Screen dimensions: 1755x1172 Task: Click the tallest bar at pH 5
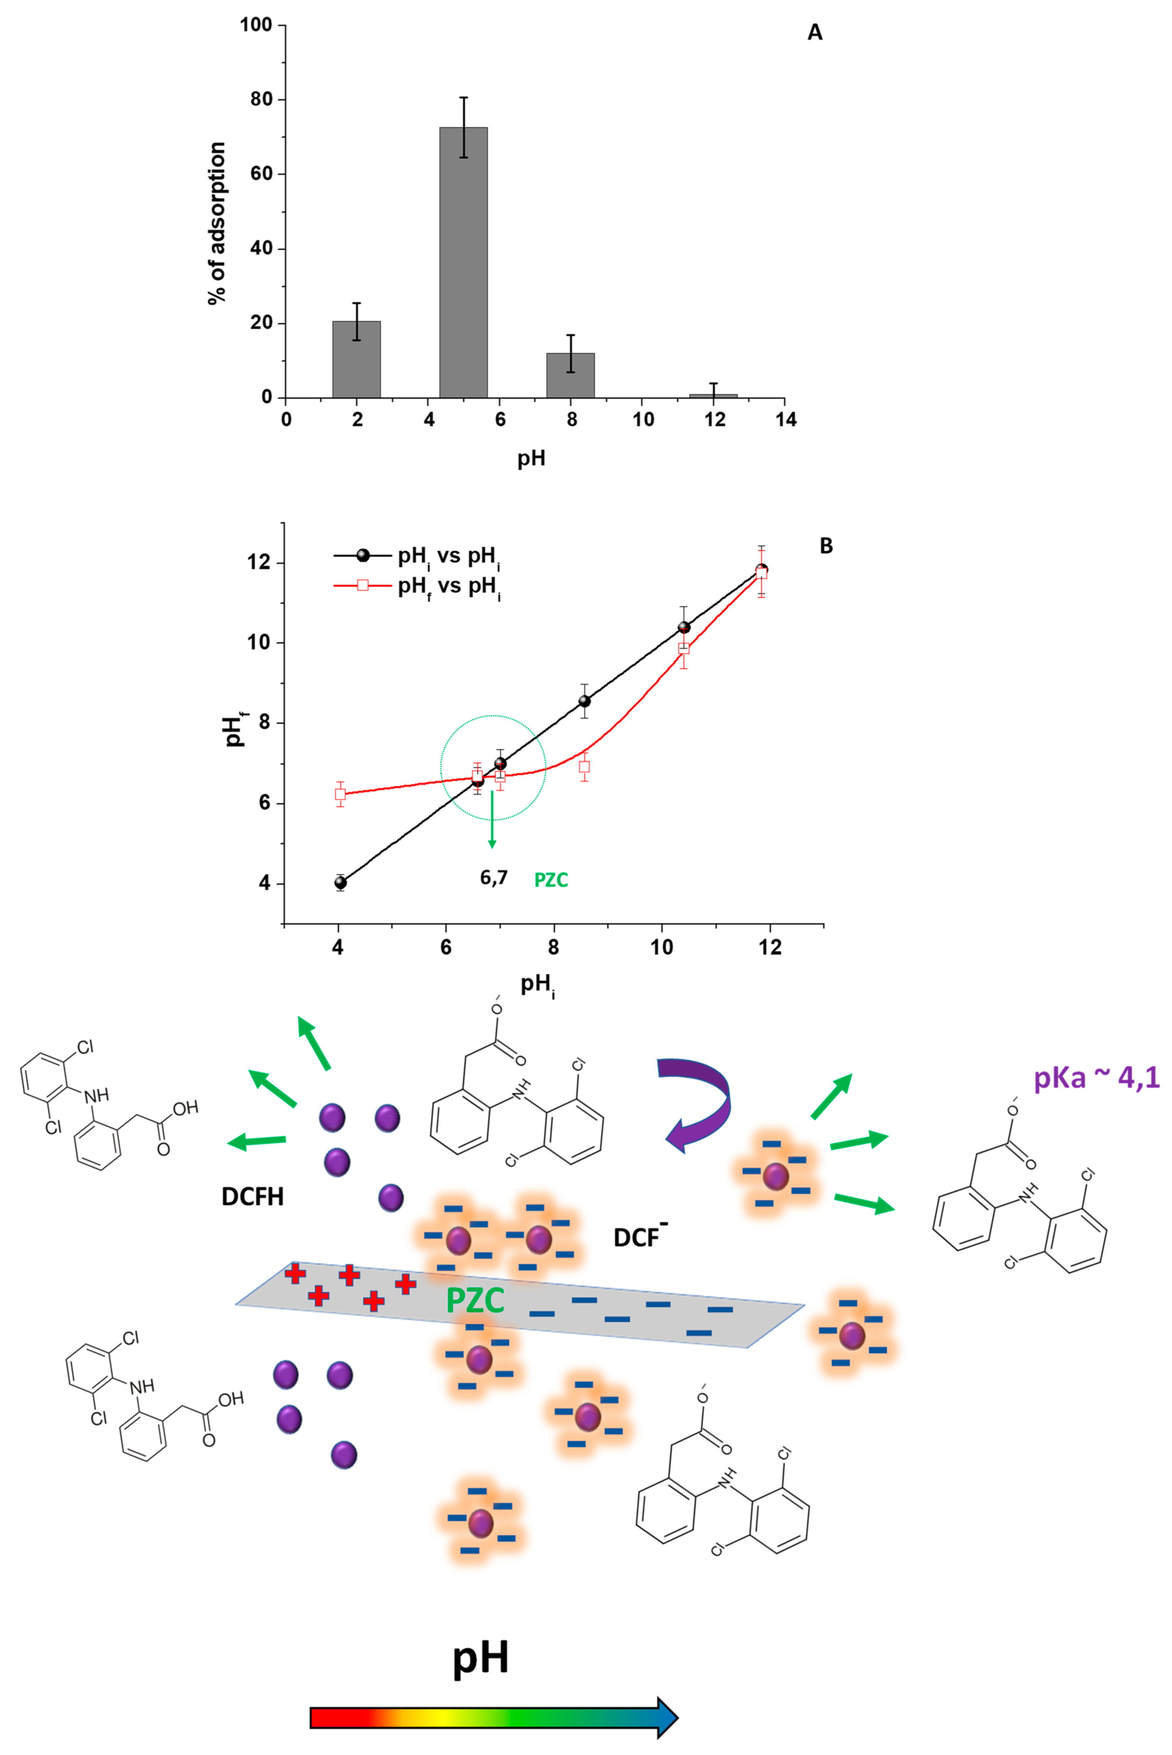click(x=464, y=262)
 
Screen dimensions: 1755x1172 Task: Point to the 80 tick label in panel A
click(x=261, y=100)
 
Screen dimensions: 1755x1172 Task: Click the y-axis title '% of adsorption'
click(x=217, y=223)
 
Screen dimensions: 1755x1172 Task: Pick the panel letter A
click(x=815, y=33)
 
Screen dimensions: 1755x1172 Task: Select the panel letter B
click(x=826, y=546)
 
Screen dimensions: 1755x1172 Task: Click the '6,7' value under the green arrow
click(x=493, y=877)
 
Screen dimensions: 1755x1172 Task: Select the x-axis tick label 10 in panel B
click(x=662, y=947)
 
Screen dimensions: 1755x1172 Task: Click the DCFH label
click(x=253, y=1196)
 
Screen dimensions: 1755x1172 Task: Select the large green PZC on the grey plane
click(x=475, y=1301)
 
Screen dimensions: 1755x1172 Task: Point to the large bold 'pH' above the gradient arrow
click(x=480, y=1657)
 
